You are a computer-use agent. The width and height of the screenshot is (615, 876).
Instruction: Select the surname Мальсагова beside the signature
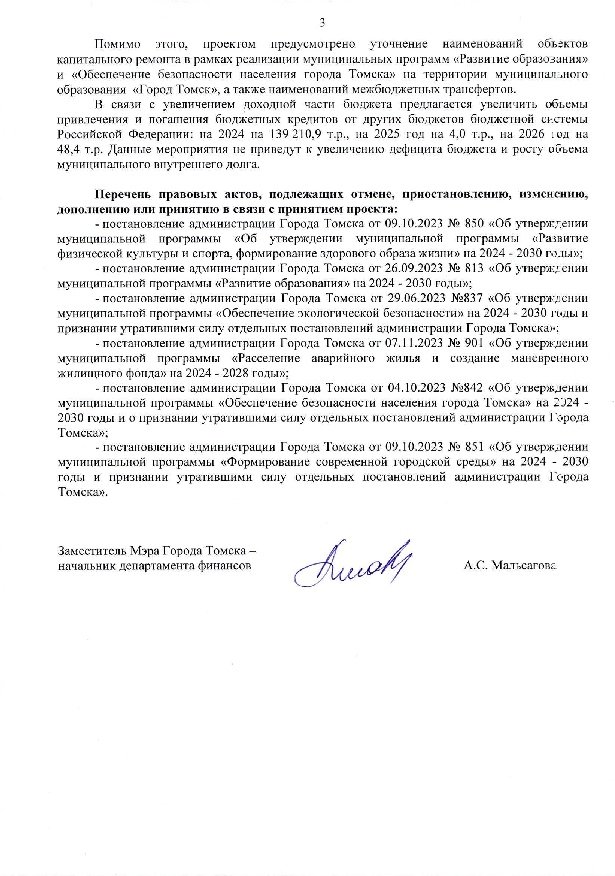tap(524, 565)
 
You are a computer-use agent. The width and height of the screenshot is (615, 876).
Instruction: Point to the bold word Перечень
tap(123, 194)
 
